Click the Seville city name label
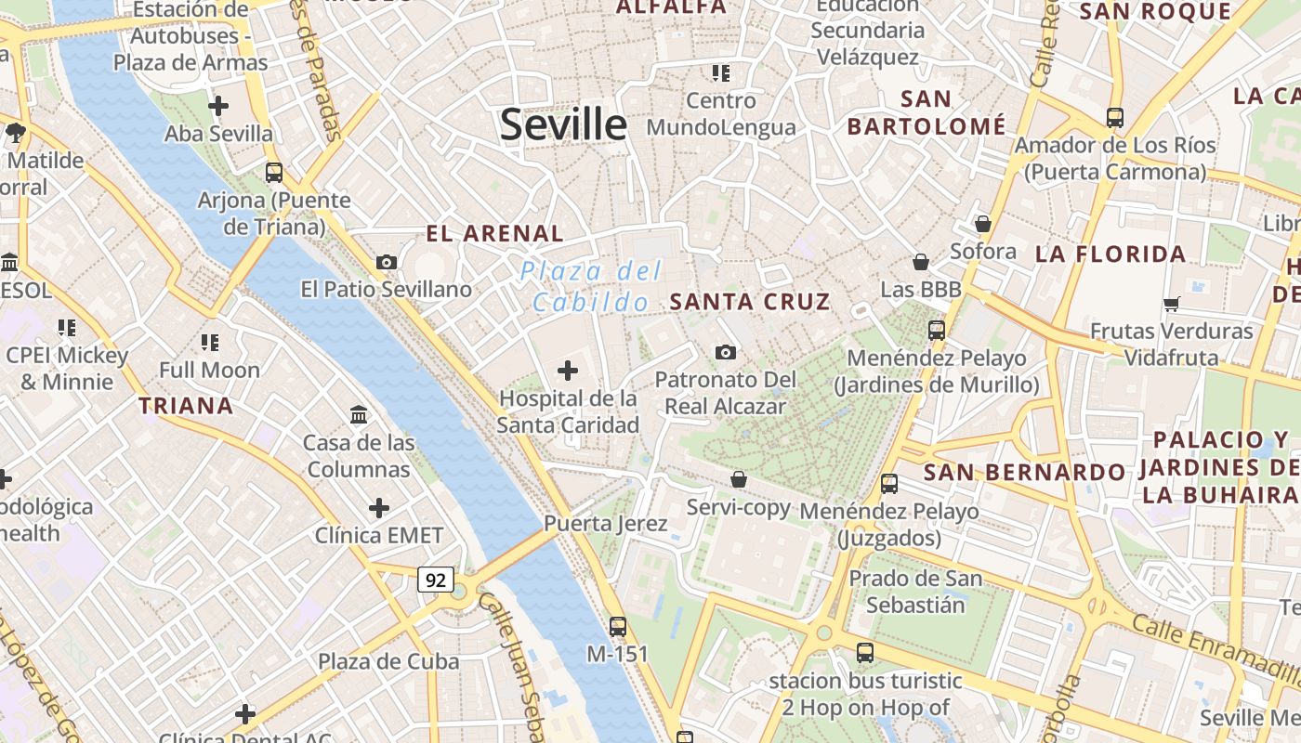tap(563, 124)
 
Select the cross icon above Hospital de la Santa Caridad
tap(567, 371)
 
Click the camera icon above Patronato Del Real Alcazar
tap(726, 352)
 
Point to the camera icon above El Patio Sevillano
tap(387, 263)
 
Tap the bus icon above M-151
tap(617, 626)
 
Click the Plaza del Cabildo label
tap(591, 286)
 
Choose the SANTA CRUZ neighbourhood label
tap(749, 302)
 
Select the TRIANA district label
tap(186, 406)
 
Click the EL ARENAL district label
tap(494, 234)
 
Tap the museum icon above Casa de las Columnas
tap(359, 414)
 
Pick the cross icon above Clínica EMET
tap(379, 508)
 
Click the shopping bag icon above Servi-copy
tap(738, 479)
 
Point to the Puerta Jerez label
tap(605, 524)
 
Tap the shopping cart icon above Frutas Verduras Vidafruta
tap(1171, 304)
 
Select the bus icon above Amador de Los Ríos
tap(1114, 118)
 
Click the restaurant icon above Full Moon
tap(210, 343)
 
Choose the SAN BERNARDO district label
tap(1024, 472)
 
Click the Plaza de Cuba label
tap(388, 661)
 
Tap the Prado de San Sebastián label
tap(915, 592)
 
